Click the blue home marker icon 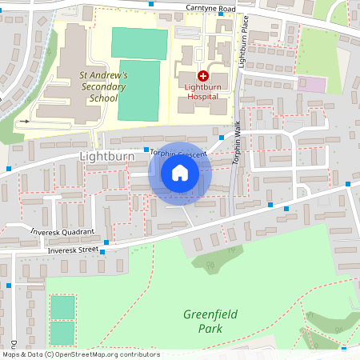point(180,173)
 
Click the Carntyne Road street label point(211,9)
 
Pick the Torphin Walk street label point(238,143)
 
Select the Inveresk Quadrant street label point(62,231)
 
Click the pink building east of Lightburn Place point(317,84)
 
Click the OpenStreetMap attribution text point(80,354)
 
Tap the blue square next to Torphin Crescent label point(146,150)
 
